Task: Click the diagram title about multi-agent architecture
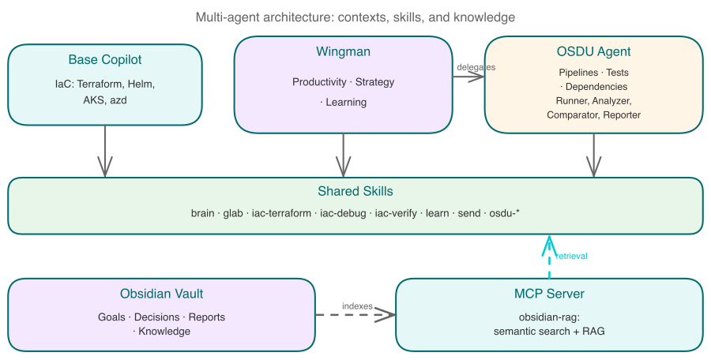pyautogui.click(x=355, y=17)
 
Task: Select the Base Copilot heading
pyautogui.click(x=105, y=60)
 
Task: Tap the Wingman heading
pyautogui.click(x=343, y=52)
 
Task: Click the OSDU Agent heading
pyautogui.click(x=593, y=52)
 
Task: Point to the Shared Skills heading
pyautogui.click(x=355, y=191)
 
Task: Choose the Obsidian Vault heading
pyautogui.click(x=161, y=294)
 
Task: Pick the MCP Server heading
pyautogui.click(x=548, y=294)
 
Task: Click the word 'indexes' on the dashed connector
pyautogui.click(x=357, y=306)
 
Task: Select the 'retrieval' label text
pyautogui.click(x=570, y=257)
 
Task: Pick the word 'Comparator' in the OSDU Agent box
pyautogui.click(x=573, y=114)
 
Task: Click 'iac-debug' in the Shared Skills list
pyautogui.click(x=342, y=213)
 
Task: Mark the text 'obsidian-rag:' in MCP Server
pyautogui.click(x=548, y=317)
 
